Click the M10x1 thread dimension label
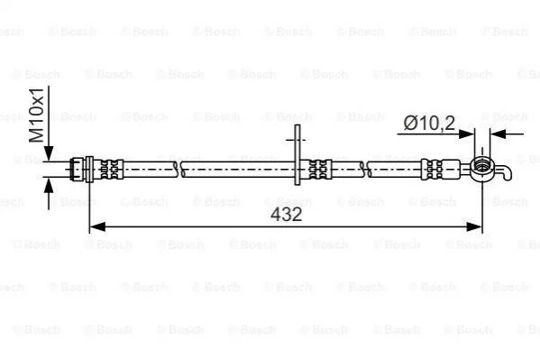click(37, 115)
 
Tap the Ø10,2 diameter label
click(429, 123)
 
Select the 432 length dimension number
click(286, 214)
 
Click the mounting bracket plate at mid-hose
click(297, 155)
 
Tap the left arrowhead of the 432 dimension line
click(97, 226)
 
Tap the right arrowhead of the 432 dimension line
click(474, 226)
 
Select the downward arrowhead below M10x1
click(49, 153)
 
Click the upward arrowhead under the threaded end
click(49, 187)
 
